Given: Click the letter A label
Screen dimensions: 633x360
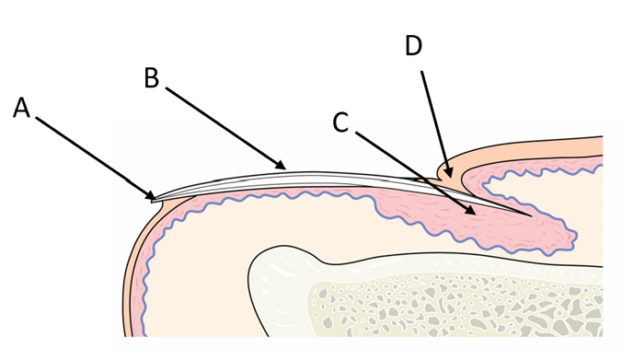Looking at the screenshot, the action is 22,109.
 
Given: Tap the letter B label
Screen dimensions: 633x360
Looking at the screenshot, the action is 152,78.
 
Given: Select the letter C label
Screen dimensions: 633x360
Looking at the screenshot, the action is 340,122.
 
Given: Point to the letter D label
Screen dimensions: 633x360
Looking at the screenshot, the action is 414,46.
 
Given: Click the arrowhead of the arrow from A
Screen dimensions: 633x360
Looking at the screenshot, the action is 151,195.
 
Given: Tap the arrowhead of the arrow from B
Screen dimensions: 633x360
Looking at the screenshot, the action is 281,165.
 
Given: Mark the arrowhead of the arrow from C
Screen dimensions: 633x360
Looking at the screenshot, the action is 470,210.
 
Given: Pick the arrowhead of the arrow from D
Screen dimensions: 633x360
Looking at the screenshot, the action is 448,172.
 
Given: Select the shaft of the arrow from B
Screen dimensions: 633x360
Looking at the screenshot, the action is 224,126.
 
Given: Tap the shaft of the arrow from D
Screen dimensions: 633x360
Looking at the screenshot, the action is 435,122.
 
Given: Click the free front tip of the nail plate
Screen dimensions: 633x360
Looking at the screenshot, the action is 153,200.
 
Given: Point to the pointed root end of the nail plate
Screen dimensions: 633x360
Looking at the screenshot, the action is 530,215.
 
